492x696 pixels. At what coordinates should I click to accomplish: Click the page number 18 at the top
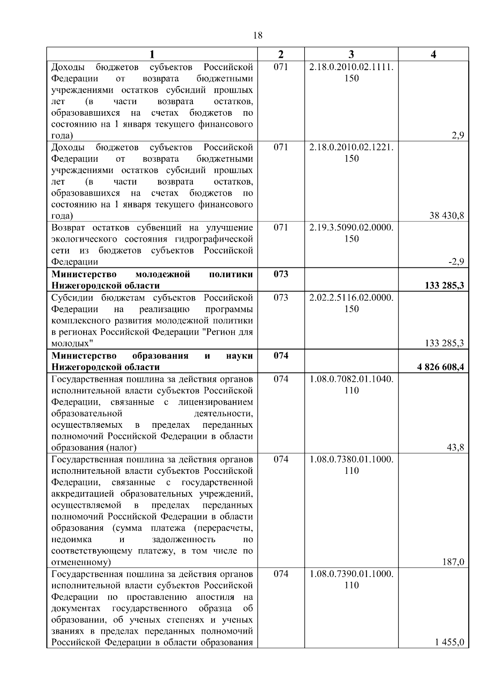[258, 35]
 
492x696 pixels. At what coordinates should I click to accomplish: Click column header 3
[351, 55]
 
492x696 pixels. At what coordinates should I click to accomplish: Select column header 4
[433, 55]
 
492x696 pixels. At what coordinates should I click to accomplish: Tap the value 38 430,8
[446, 216]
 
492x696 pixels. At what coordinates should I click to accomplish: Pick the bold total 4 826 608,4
[441, 367]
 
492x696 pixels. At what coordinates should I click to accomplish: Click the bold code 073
[281, 274]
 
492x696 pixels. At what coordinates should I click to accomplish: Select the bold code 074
[281, 356]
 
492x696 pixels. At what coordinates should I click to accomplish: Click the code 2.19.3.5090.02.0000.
[351, 227]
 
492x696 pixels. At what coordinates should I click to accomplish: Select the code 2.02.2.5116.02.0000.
[351, 297]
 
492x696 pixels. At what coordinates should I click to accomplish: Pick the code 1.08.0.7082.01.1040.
[351, 379]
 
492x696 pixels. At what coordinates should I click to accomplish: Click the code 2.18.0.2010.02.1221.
[351, 147]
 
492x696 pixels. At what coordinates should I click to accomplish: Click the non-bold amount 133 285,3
[444, 343]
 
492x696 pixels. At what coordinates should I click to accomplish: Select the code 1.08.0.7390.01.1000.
[351, 574]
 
